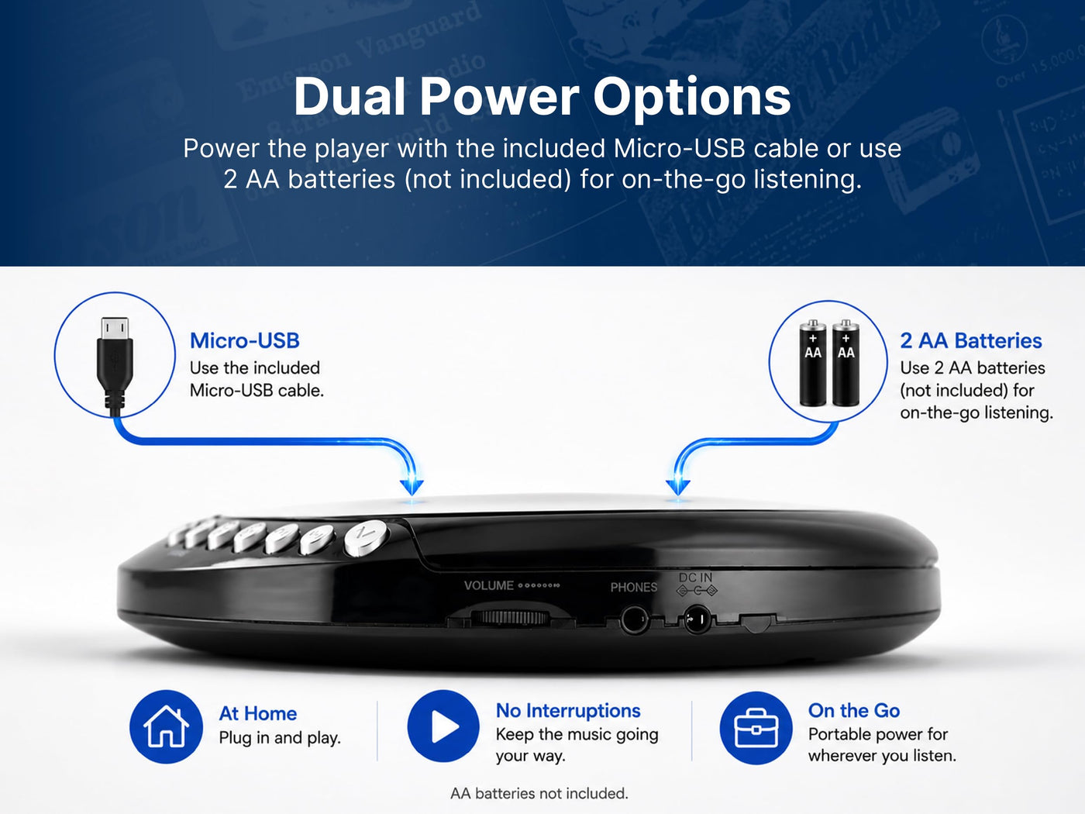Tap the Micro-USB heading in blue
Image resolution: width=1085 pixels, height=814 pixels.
(245, 340)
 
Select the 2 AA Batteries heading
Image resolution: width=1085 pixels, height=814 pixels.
(971, 340)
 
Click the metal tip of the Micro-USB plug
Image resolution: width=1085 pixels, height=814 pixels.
(115, 328)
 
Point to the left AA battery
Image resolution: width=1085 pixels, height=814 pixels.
(813, 362)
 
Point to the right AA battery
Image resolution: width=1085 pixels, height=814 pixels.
(846, 362)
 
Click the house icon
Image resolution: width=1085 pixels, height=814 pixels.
(166, 726)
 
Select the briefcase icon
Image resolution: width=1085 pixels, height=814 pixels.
(756, 727)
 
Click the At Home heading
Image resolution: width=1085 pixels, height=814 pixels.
(258, 713)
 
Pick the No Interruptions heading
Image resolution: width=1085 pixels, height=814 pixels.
(568, 710)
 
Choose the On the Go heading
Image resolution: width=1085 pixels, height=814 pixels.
(854, 710)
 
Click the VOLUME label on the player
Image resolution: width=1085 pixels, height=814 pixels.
(489, 585)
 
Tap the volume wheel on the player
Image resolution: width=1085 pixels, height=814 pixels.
(510, 617)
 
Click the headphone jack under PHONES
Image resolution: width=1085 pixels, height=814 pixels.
(634, 619)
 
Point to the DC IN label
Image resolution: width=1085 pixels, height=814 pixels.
(695, 578)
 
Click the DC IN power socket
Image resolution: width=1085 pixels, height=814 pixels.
(697, 619)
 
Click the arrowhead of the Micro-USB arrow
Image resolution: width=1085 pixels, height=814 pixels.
(412, 487)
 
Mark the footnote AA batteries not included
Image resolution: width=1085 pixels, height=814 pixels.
(539, 793)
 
